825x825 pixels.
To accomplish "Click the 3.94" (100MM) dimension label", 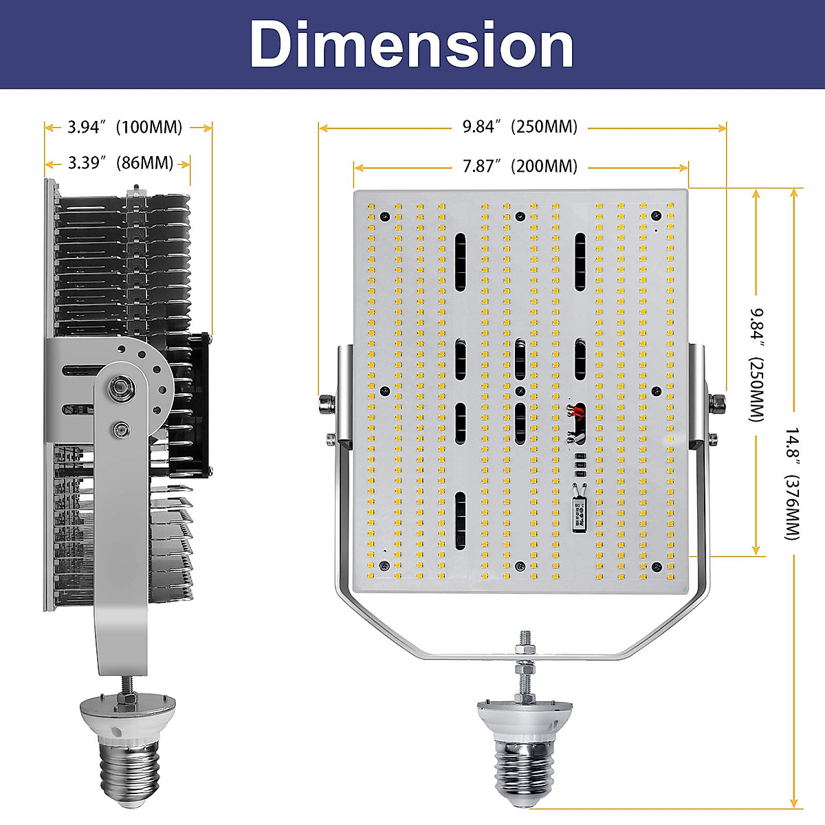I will pos(124,127).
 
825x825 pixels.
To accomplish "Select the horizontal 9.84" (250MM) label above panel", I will pos(520,126).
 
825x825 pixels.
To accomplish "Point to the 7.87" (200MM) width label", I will pos(520,166).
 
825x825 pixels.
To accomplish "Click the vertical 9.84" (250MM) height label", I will pos(757,364).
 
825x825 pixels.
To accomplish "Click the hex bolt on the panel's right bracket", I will pos(717,404).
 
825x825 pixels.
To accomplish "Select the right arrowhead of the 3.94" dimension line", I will pos(208,127).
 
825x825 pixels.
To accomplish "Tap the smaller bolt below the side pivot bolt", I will pos(121,431).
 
